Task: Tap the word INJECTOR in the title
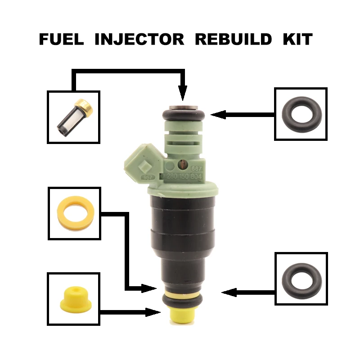[x=139, y=39]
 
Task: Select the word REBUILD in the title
[x=233, y=39]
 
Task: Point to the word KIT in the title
[x=297, y=39]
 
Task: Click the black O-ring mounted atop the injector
[x=182, y=115]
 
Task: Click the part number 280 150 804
[x=184, y=176]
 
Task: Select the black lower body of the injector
[x=182, y=234]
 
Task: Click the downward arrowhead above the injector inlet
[x=182, y=94]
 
